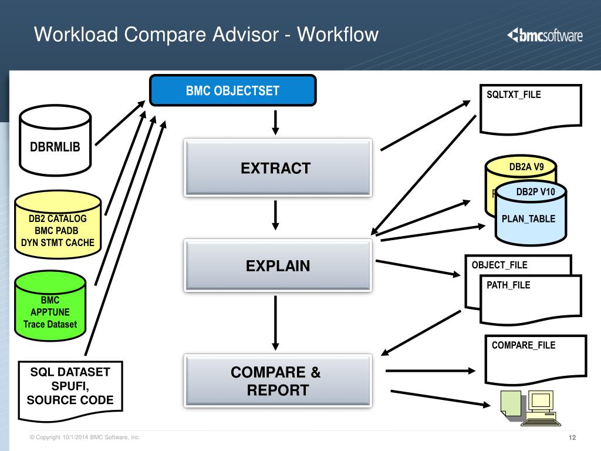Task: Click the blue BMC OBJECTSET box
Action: point(233,90)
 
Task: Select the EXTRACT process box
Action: point(278,168)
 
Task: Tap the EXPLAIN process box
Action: point(278,265)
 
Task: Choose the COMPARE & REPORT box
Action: point(278,381)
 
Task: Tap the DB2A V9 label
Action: point(526,167)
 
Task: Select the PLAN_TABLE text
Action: point(528,218)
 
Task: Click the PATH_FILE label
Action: point(508,285)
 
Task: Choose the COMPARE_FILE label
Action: point(524,345)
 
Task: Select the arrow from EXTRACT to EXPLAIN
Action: point(275,216)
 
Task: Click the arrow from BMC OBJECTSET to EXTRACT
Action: point(275,122)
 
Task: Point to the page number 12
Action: point(572,437)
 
